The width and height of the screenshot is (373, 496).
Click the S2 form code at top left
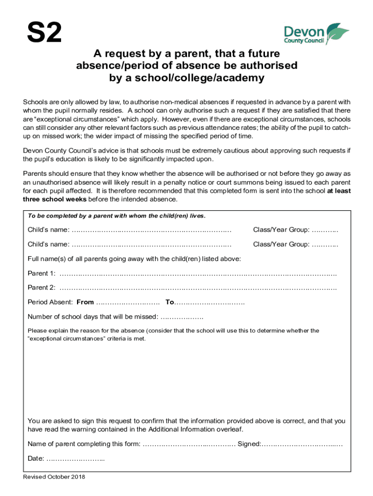(x=44, y=33)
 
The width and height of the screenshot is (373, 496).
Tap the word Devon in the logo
(x=304, y=32)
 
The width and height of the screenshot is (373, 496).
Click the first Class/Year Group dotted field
(x=325, y=230)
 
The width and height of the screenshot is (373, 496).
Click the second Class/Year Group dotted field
(x=325, y=244)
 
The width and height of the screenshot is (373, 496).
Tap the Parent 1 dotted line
(x=198, y=273)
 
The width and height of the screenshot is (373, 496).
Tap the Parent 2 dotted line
(x=198, y=288)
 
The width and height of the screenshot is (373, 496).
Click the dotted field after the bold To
(x=209, y=302)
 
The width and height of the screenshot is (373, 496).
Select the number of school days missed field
(x=182, y=317)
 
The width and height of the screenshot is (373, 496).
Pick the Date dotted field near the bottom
(x=76, y=458)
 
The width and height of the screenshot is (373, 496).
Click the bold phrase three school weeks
(x=55, y=199)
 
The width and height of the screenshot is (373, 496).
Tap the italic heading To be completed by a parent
(x=116, y=216)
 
